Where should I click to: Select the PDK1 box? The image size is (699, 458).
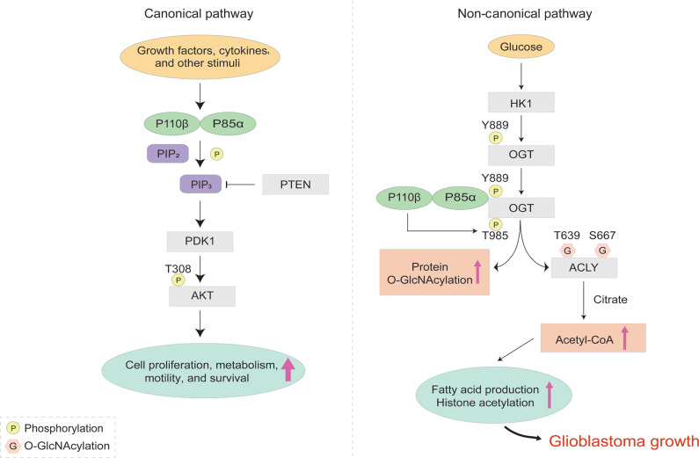pyautogui.click(x=201, y=241)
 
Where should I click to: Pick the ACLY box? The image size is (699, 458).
pyautogui.click(x=584, y=267)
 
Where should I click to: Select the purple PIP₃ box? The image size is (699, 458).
pyautogui.click(x=201, y=185)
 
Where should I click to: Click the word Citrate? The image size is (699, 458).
pyautogui.click(x=612, y=300)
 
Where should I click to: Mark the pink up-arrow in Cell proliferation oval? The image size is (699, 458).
pyautogui.click(x=288, y=370)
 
